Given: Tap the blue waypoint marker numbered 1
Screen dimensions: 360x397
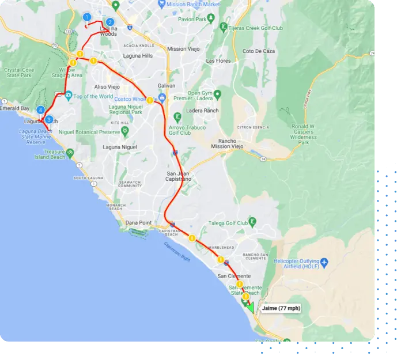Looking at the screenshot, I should point(86,17).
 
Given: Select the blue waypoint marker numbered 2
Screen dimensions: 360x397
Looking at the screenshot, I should point(110,22).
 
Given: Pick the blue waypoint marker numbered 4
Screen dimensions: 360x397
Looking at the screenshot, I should point(40,109).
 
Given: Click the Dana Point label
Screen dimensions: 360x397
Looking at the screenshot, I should point(138,222).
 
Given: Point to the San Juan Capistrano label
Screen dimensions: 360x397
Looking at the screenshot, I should point(179,177).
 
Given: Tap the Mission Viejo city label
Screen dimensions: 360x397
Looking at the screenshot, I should point(185,49).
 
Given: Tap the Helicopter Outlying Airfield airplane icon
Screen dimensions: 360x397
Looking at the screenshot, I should point(324,263).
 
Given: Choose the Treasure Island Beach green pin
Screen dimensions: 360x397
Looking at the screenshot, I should point(70,153).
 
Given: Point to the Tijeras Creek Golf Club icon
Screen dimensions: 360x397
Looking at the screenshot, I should point(224,26).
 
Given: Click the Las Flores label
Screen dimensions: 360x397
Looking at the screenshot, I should point(218,60).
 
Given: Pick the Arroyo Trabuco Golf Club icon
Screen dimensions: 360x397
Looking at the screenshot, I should point(177,118).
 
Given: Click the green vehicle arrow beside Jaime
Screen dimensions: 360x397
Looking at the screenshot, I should point(249,304).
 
